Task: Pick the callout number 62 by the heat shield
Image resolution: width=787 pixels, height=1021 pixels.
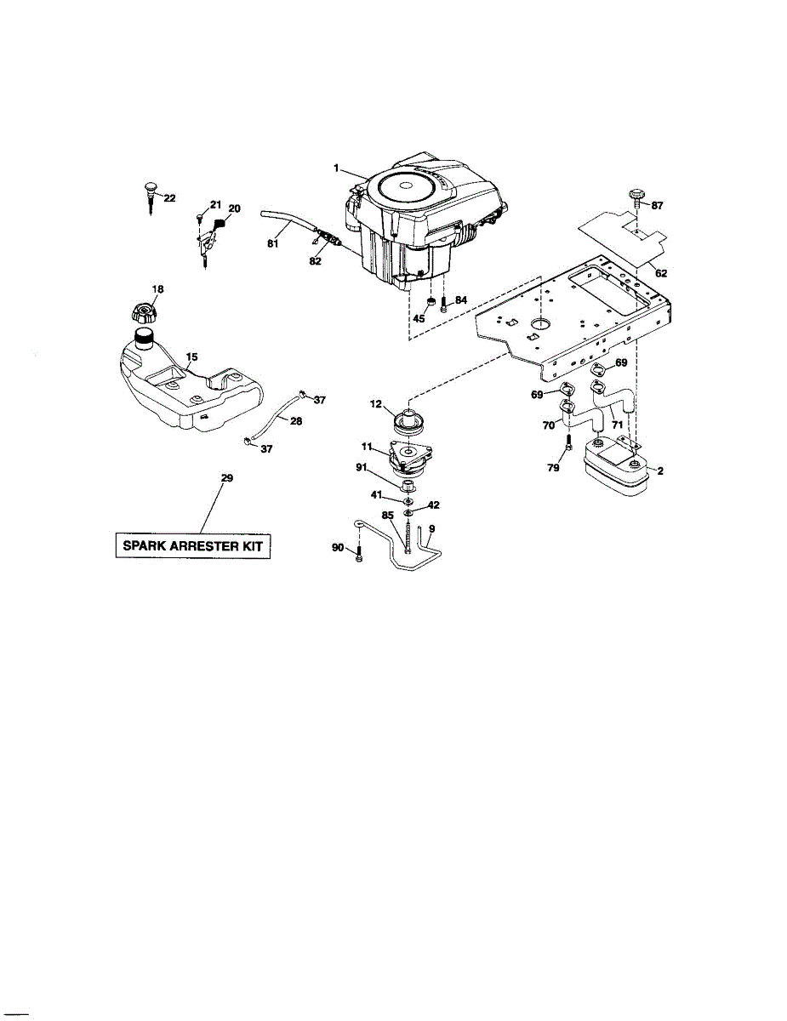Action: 661,274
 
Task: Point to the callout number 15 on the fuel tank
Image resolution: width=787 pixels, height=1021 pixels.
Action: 191,356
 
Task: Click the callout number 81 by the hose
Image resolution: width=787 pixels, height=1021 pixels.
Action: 272,243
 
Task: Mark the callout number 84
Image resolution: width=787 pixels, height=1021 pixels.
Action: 460,299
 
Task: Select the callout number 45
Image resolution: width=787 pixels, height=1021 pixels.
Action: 418,318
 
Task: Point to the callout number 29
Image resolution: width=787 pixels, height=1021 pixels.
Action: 226,478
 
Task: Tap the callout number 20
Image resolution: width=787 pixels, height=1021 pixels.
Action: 234,208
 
